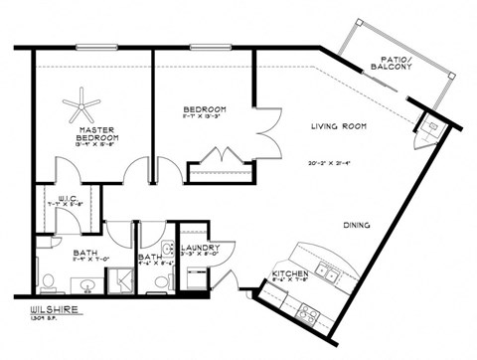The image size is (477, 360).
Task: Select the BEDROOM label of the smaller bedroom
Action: [205, 109]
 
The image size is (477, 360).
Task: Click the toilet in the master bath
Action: [47, 277]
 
